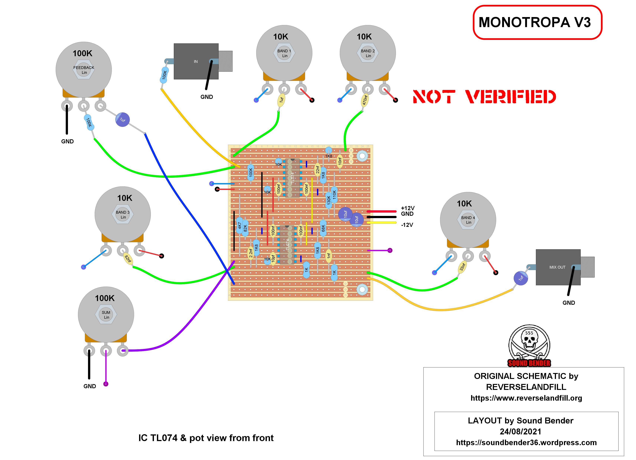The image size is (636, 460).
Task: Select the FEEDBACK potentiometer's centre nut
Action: pos(84,70)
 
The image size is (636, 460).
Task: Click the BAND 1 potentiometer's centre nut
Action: pos(284,53)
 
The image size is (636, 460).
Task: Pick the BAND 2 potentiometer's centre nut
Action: pos(368,53)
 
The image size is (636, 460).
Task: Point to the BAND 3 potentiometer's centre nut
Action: pos(123,215)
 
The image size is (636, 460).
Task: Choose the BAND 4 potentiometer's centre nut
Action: pos(468,220)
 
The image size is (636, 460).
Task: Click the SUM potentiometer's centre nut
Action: pos(106,315)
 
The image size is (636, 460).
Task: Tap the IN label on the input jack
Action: pos(196,62)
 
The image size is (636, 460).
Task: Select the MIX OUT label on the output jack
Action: pos(557,267)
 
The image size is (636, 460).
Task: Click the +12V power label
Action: pos(407,208)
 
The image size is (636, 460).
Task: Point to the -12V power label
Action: pos(407,225)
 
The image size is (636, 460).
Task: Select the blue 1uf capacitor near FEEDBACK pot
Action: pos(123,120)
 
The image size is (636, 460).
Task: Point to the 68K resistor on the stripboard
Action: pos(323,228)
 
